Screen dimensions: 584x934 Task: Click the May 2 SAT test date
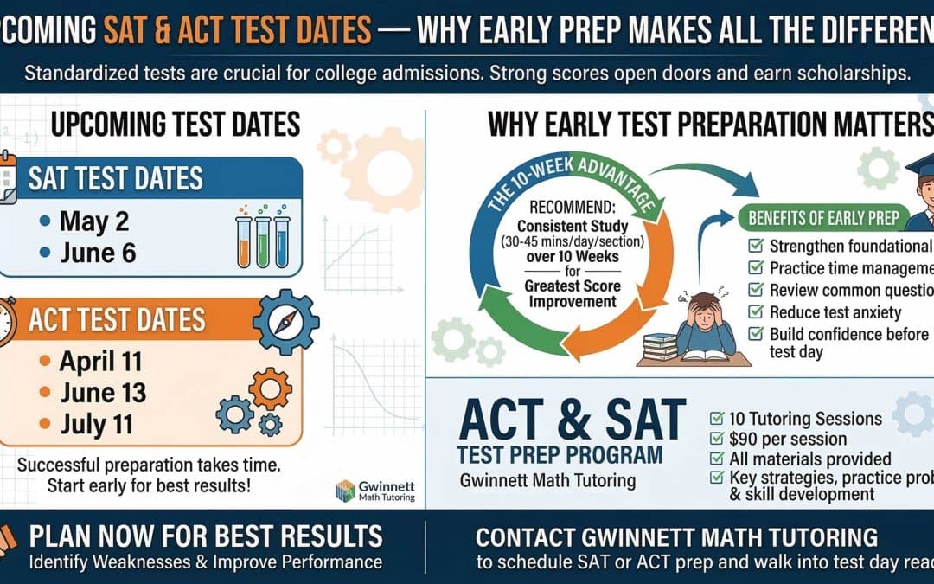coord(93,221)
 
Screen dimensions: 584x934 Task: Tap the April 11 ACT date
coord(100,360)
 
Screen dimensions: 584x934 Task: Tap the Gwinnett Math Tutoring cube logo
coord(345,490)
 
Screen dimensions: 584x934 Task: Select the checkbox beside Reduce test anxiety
coord(754,312)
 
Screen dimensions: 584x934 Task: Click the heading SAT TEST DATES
coord(116,178)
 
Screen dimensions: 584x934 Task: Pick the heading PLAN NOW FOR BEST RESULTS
coord(206,537)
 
